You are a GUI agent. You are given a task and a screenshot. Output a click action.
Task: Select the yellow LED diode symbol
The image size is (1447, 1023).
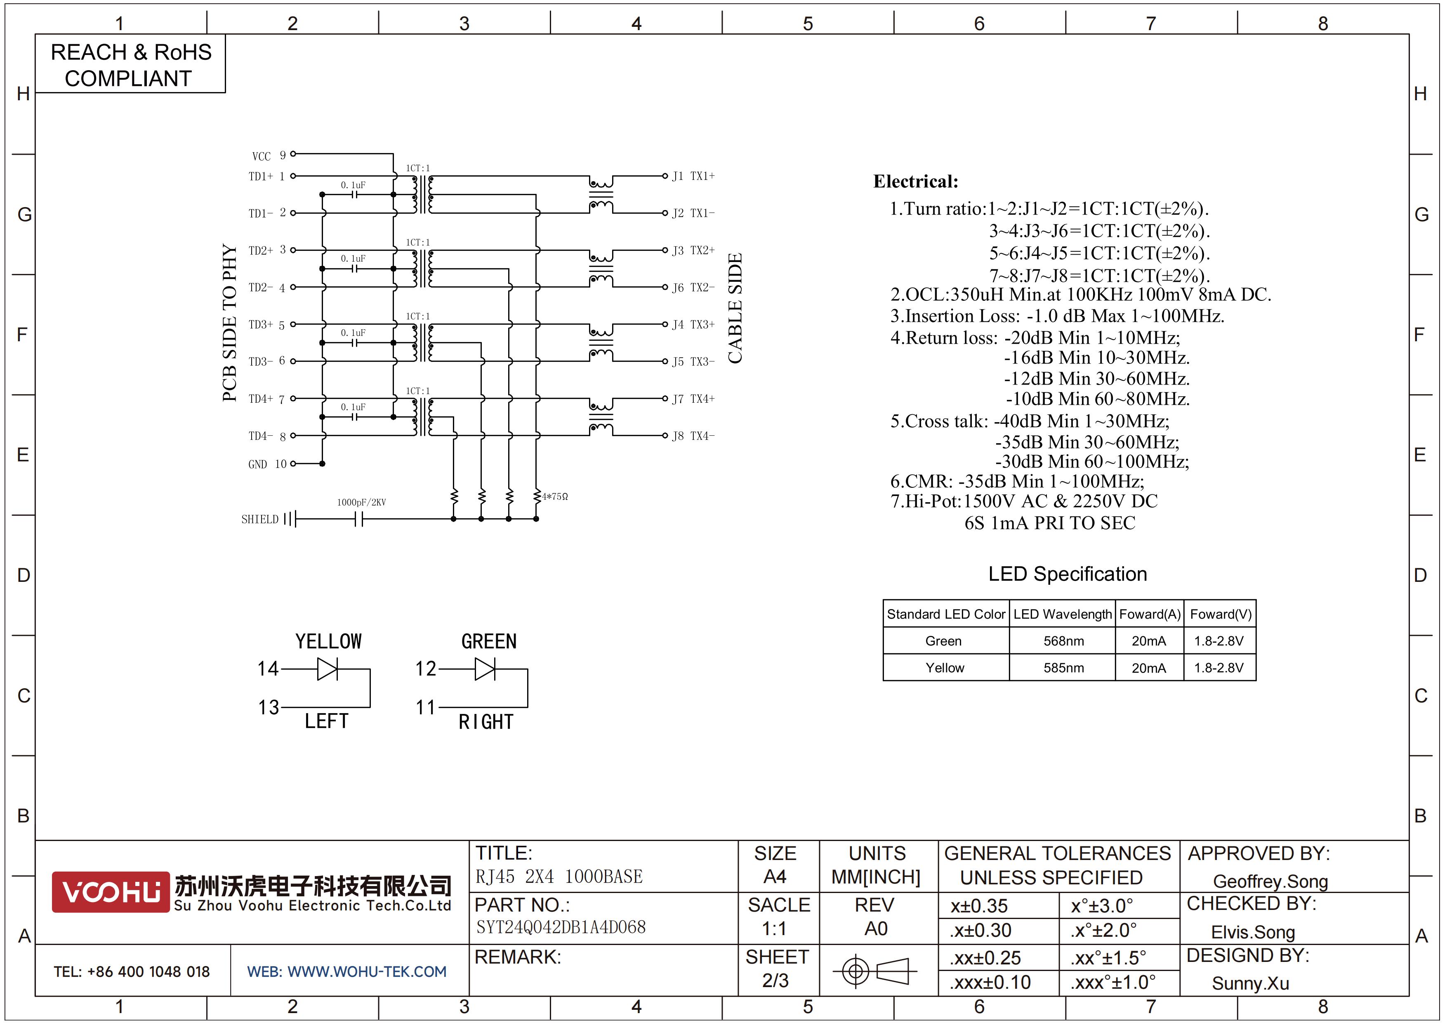tap(327, 669)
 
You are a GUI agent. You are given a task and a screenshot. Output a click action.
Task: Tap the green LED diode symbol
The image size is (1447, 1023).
tap(485, 669)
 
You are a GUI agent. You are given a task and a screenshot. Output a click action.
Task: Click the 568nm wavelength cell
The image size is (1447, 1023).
tap(1063, 641)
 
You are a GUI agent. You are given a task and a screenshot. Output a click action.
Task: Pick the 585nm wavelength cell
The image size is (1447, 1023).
tap(1063, 668)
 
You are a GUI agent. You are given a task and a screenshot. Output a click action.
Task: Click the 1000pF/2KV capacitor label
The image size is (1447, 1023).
tap(361, 502)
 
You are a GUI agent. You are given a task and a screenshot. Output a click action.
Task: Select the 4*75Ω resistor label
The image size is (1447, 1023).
tap(555, 497)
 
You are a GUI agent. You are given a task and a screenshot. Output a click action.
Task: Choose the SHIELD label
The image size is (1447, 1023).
tap(259, 520)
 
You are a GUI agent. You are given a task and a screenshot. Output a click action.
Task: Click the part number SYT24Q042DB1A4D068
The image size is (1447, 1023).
tap(561, 927)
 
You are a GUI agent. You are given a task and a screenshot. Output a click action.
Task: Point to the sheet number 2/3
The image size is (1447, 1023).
tap(775, 981)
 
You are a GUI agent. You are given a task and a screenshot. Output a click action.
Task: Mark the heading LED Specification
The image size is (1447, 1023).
tap(1068, 574)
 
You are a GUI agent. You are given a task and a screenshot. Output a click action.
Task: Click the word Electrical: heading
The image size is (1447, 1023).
tap(916, 182)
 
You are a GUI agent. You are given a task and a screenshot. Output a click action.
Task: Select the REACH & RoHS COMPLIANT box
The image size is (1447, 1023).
tap(130, 64)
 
